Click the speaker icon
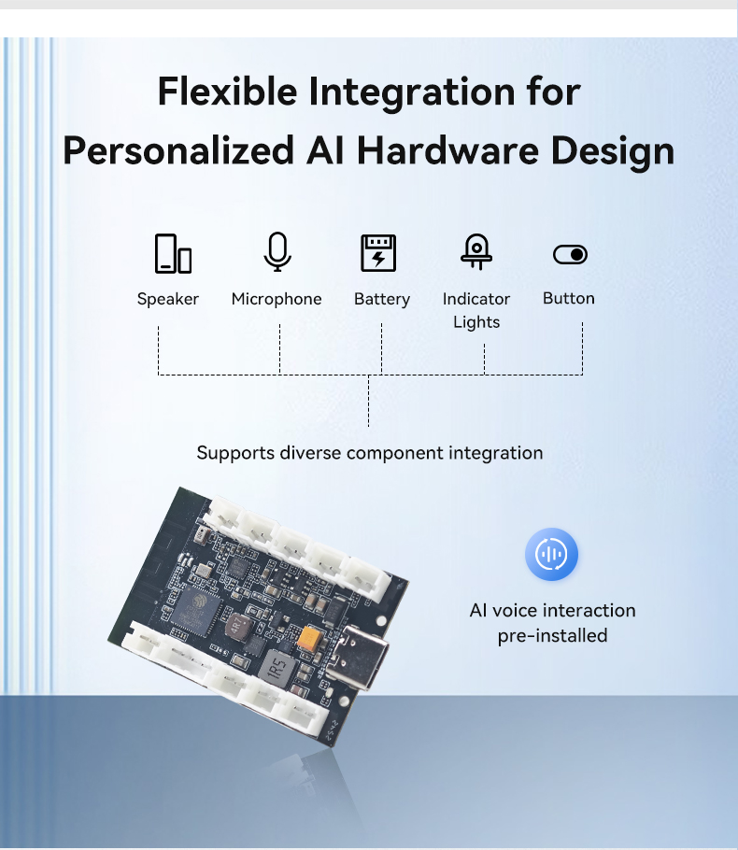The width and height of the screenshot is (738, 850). point(173,253)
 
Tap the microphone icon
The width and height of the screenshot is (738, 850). point(277,251)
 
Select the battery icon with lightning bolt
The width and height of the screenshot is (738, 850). point(378,252)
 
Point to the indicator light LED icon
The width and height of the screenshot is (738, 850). point(476,251)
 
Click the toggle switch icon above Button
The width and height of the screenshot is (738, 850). point(570,254)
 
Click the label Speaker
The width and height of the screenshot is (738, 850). point(168,299)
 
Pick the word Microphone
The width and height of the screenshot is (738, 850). point(277,299)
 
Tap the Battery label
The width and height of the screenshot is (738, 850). point(382,299)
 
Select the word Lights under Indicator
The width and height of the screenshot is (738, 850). point(476,322)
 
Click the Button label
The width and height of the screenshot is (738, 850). point(569,298)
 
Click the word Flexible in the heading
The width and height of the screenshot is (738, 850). point(228,92)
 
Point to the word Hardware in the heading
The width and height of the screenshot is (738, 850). point(447,150)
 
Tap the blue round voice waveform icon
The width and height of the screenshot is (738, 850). point(551,554)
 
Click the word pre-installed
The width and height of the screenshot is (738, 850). point(552,635)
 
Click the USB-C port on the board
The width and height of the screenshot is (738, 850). point(357,656)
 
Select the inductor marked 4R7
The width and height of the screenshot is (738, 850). point(238,627)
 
